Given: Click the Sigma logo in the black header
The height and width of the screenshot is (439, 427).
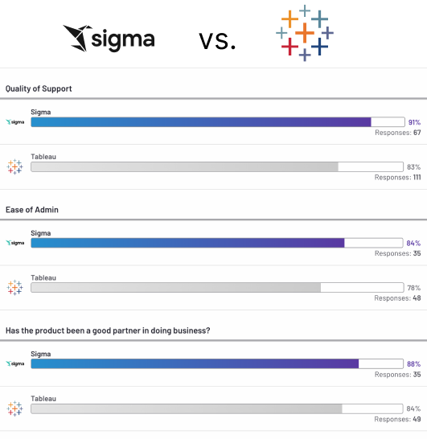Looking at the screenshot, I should (109, 37).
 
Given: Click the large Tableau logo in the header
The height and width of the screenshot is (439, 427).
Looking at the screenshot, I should (305, 33).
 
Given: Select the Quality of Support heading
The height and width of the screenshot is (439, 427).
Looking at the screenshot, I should (39, 88).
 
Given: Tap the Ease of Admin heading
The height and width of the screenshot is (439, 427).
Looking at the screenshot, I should (32, 210).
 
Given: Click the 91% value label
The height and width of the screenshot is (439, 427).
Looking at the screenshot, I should (414, 122).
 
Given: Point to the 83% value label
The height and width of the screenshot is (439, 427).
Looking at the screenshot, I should (414, 167).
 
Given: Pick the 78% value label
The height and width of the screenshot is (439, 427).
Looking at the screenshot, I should (414, 288).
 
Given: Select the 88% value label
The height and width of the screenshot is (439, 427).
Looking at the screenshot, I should (414, 363).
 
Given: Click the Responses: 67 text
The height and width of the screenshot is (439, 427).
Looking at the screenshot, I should (398, 133).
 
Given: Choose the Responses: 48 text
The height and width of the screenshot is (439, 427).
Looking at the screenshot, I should (398, 298).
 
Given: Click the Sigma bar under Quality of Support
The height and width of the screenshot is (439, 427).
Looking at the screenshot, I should (201, 122).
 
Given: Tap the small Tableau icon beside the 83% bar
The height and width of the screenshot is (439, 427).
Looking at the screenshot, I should (14, 166).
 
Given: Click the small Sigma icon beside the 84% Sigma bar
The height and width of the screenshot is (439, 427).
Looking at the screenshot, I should (14, 243).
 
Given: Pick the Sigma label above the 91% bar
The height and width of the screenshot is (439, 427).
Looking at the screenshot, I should (40, 112).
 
